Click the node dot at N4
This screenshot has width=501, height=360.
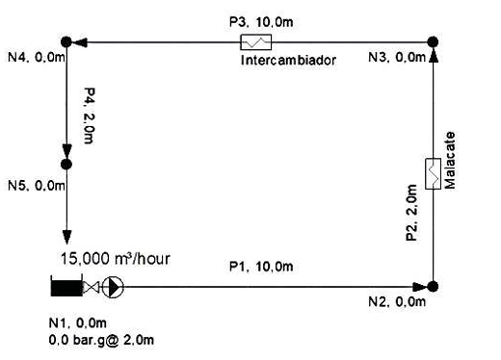tap(66, 41)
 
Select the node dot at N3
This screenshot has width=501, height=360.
tap(433, 41)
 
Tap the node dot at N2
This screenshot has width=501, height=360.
tap(433, 287)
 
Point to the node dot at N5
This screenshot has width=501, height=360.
tap(66, 165)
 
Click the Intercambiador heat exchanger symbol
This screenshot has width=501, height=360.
tap(256, 42)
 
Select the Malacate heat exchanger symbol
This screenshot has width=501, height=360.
tap(433, 173)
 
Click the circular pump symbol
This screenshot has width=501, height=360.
tap(113, 287)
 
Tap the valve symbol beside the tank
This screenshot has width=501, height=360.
tap(92, 287)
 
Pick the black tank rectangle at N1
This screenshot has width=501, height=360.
tap(66, 286)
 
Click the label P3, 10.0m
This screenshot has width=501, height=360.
tap(261, 22)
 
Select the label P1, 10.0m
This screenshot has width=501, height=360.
tap(261, 267)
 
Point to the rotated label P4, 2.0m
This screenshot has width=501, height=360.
tap(90, 116)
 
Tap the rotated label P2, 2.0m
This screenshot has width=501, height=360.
tap(411, 213)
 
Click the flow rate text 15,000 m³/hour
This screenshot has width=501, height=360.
tap(116, 259)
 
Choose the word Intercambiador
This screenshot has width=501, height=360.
tap(288, 60)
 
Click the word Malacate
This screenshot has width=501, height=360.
tap(450, 160)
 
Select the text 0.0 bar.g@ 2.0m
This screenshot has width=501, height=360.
tap(101, 340)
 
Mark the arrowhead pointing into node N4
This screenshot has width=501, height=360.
tap(80, 42)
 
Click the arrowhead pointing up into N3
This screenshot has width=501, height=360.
tap(433, 55)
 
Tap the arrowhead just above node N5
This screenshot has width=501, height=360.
tap(66, 151)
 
